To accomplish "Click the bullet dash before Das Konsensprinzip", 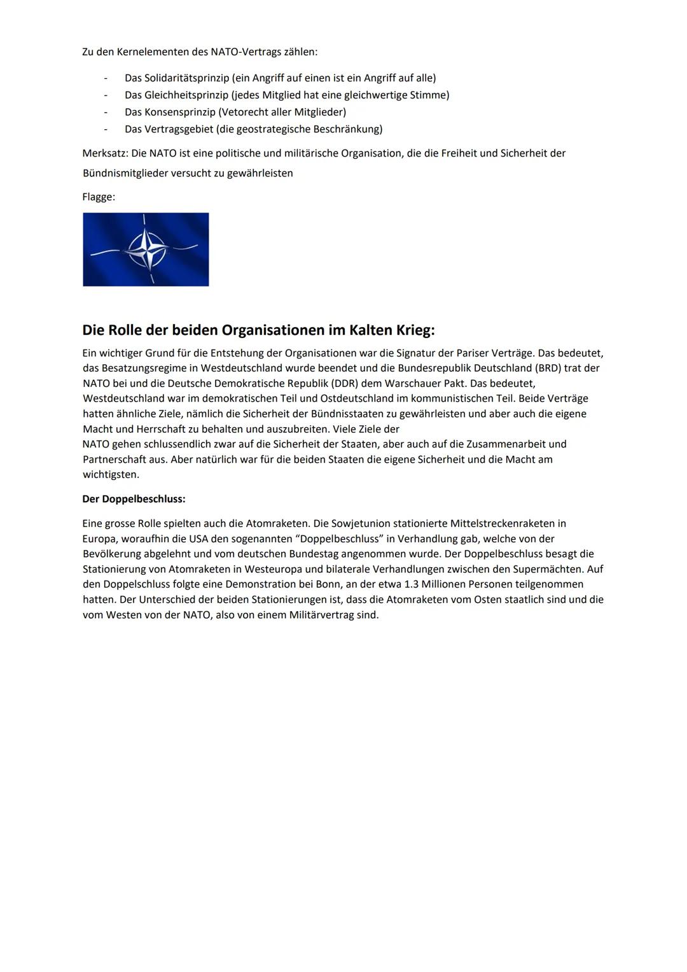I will click(106, 113).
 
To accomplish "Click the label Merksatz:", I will click(105, 153).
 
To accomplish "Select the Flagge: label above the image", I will click(99, 197).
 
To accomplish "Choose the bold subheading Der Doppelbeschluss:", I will click(134, 499).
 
